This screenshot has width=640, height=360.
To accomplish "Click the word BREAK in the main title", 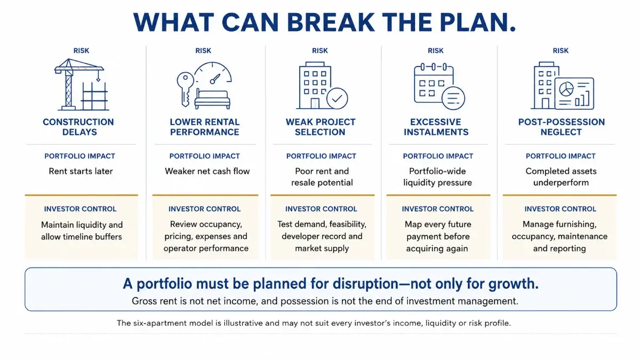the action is (x=330, y=22).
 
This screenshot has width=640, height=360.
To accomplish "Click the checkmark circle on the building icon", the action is (x=337, y=98).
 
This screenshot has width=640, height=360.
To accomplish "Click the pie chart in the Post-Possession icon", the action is (x=566, y=89).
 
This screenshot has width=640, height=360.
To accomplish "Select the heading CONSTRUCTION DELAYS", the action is (x=78, y=127).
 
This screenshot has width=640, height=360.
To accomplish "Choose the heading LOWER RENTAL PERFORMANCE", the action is (x=205, y=127).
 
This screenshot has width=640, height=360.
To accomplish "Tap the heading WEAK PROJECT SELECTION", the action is (x=321, y=127).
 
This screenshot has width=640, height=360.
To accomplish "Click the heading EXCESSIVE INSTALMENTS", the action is (x=436, y=127).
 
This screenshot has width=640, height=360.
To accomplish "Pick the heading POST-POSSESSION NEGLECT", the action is (x=562, y=127).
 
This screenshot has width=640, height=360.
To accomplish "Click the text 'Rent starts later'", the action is (x=81, y=171).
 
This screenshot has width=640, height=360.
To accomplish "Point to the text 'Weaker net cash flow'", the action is (x=207, y=171).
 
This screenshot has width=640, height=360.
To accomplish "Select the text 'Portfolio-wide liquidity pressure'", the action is (x=437, y=177).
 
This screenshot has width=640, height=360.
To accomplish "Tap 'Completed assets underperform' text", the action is (x=561, y=177).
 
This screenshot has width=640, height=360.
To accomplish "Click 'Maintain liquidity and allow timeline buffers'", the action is (x=82, y=230).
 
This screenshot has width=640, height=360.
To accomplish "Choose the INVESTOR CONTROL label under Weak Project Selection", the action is (x=321, y=209).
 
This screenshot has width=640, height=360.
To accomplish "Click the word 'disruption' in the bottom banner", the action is (x=365, y=284).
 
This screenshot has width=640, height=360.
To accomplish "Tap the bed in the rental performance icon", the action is (x=212, y=99).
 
